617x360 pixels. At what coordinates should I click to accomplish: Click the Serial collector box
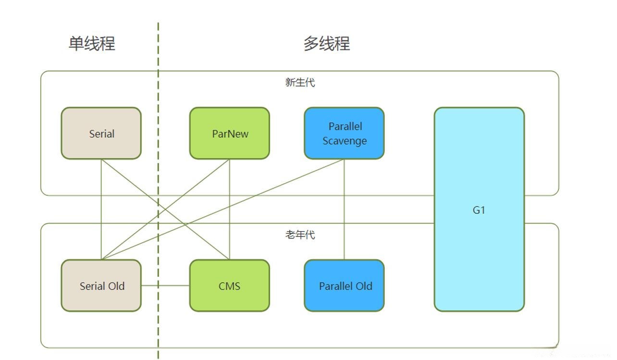[101, 133]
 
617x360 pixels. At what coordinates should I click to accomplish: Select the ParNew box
[230, 133]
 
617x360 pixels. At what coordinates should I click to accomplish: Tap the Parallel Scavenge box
[344, 133]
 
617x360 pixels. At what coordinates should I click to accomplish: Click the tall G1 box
[479, 209]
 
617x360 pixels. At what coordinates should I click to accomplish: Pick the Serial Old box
[101, 286]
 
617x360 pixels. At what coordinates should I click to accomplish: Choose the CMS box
[230, 286]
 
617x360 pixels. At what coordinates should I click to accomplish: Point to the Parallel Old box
[344, 286]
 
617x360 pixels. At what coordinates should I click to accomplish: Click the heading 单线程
[92, 44]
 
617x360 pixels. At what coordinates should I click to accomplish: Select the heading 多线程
[327, 44]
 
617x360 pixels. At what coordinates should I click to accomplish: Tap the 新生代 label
[300, 83]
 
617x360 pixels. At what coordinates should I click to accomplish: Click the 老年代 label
[300, 235]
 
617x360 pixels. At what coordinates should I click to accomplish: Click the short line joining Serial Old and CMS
[165, 286]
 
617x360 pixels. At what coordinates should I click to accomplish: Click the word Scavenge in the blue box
[345, 141]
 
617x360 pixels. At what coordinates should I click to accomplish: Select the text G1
[479, 210]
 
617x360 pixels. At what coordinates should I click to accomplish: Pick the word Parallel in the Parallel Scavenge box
[345, 126]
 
